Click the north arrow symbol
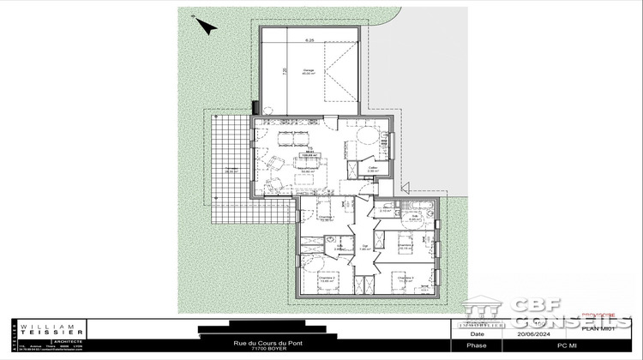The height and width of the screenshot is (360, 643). click(207, 26)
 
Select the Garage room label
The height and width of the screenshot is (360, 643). click(308, 71)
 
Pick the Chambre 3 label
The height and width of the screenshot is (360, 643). click(406, 278)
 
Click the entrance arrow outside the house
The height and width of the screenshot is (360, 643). click(407, 186)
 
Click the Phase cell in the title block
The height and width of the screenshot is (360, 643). click(477, 345)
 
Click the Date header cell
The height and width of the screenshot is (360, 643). click(477, 335)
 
